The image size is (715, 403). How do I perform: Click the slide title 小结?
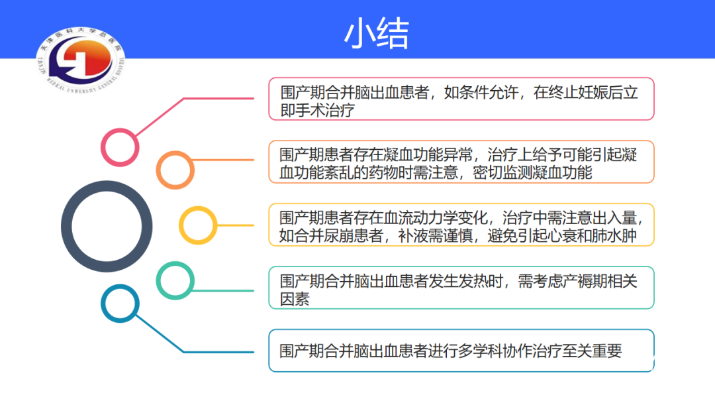pos(377,34)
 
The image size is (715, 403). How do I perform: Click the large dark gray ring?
pos(67,227)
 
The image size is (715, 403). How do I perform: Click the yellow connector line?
pos(235,225)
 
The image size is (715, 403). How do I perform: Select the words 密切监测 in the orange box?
pos(502,173)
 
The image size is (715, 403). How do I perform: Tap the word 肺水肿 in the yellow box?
pos(614,236)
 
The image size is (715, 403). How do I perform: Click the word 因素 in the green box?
pos(295,300)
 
